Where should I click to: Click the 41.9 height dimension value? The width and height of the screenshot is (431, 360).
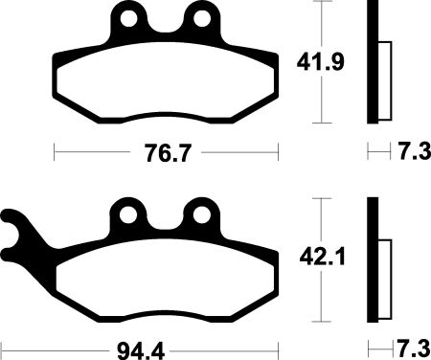click(320, 62)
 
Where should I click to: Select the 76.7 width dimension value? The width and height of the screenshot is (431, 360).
click(168, 153)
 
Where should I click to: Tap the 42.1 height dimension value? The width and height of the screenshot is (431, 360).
click(323, 258)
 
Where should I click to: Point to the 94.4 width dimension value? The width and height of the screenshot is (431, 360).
click(141, 351)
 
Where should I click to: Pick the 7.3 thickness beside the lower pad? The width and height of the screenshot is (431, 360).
click(414, 349)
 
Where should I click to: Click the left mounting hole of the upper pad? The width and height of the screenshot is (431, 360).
click(128, 18)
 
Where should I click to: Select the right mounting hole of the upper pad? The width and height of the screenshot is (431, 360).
click(202, 18)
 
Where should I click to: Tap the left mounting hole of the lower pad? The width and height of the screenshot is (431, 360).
click(128, 214)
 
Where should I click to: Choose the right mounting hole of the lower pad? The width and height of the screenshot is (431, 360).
click(202, 214)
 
